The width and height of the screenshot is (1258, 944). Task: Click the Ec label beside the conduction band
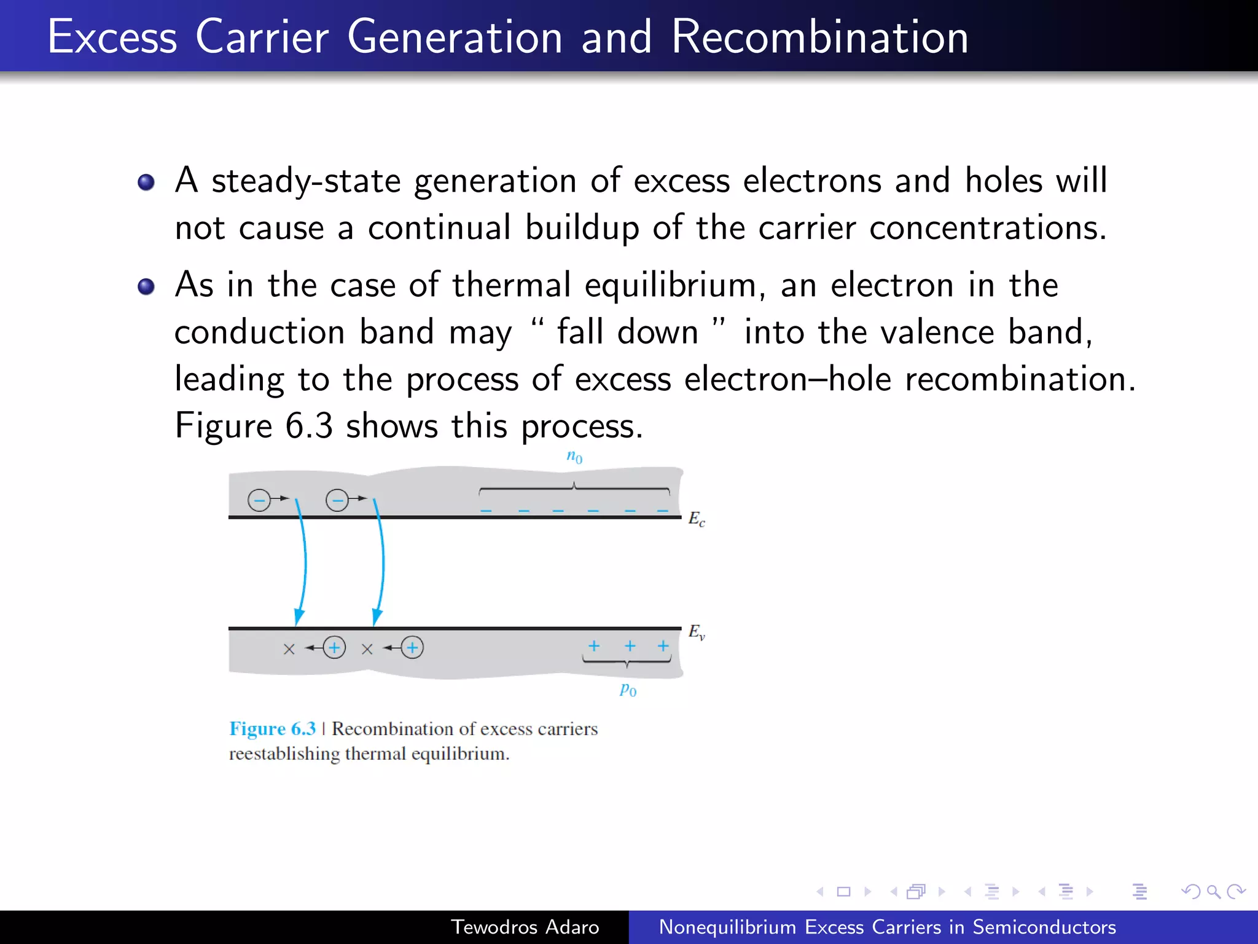[697, 519]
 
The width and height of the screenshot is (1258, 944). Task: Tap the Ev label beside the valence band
[697, 632]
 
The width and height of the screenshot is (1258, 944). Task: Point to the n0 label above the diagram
[574, 457]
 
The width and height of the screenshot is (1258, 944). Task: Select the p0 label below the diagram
[628, 689]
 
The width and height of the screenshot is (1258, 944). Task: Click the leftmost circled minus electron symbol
[259, 500]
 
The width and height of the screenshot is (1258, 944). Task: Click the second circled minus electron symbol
[337, 500]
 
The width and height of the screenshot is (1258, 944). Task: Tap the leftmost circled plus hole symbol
[334, 647]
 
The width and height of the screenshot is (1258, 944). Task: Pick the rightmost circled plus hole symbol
[412, 647]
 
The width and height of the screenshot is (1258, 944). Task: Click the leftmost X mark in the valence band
[289, 649]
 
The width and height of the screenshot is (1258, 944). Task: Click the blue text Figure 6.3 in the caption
[272, 729]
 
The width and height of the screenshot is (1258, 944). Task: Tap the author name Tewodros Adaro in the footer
[525, 927]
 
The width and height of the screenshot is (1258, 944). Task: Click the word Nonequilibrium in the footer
[727, 927]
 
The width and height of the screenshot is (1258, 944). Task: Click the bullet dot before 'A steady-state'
[146, 183]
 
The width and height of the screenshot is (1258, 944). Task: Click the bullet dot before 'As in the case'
[146, 287]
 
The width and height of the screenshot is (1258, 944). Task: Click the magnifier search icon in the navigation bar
[1213, 891]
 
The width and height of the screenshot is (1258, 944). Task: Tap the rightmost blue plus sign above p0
[663, 646]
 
